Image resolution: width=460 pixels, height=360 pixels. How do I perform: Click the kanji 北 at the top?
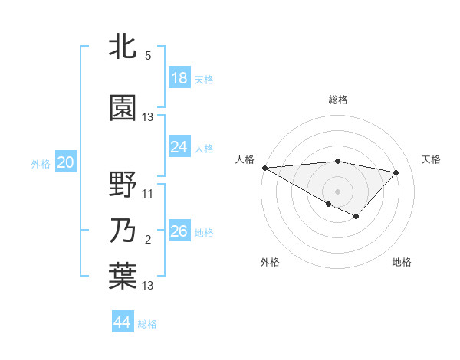click(123, 47)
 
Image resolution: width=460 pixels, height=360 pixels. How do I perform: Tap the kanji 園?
click(123, 108)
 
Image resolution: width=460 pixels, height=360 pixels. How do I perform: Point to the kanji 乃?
click(123, 231)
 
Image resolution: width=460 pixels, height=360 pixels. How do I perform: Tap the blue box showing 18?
click(179, 78)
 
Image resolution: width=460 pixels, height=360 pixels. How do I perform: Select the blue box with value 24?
click(179, 147)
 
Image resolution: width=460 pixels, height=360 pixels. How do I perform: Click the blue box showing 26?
click(179, 231)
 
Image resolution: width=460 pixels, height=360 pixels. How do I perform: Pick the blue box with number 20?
click(65, 162)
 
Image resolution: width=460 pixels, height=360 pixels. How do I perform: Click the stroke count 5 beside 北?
click(147, 56)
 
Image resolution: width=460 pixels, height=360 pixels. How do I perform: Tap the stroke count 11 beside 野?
click(148, 194)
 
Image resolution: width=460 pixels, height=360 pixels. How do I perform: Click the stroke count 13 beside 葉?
click(148, 286)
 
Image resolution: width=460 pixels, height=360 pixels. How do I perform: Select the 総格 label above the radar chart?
click(337, 100)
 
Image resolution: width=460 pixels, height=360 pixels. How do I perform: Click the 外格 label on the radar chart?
click(270, 262)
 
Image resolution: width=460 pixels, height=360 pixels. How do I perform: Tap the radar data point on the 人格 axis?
click(264, 168)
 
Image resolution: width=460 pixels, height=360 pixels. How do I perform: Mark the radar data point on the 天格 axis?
click(396, 172)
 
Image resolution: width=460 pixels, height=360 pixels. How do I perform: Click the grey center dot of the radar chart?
click(337, 190)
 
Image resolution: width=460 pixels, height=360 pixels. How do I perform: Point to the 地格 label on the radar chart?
click(402, 262)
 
